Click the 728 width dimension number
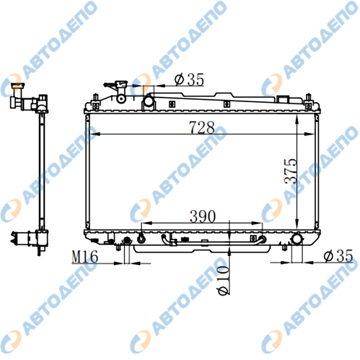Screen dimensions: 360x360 (202, 127)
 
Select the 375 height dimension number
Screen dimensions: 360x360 (291, 171)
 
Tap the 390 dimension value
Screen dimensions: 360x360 (203, 216)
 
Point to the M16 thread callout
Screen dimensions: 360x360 (85, 256)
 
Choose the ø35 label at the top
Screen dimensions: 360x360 (189, 80)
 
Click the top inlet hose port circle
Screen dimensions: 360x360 (149, 101)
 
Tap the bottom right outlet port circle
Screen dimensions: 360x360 (297, 239)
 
